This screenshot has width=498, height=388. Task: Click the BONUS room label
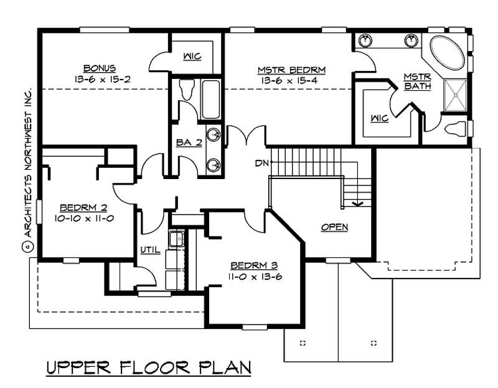[100, 68]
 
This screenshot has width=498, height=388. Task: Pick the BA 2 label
[189, 142]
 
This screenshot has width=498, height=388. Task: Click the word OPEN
[334, 227]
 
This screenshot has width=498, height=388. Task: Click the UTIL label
[151, 250]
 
